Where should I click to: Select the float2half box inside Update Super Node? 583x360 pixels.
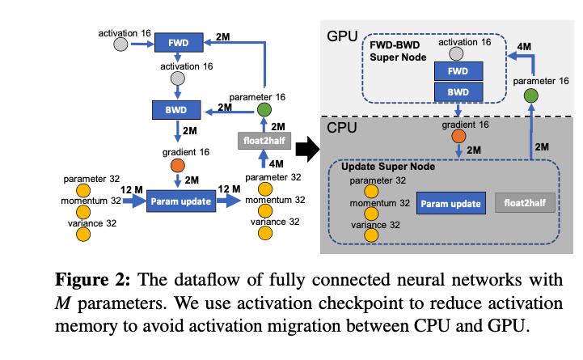point(525,202)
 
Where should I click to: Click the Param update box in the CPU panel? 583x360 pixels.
point(451,202)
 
